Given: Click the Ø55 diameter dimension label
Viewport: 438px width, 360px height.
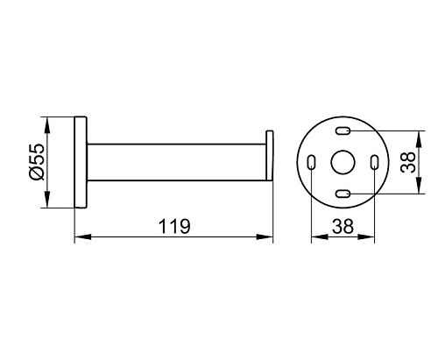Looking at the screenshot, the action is pyautogui.click(x=37, y=162).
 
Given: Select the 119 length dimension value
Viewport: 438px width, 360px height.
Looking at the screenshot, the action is pyautogui.click(x=174, y=226).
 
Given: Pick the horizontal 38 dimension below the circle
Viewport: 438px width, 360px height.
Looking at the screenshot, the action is pyautogui.click(x=343, y=226).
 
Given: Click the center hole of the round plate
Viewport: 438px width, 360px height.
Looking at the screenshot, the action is pyautogui.click(x=343, y=162).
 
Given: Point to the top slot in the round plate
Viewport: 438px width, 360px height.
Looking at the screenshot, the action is pyautogui.click(x=343, y=131).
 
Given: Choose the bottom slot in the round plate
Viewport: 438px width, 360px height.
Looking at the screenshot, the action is pyautogui.click(x=343, y=194).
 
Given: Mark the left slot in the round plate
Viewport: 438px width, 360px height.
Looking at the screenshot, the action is pyautogui.click(x=311, y=162).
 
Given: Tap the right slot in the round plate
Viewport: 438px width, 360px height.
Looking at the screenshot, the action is pyautogui.click(x=374, y=162).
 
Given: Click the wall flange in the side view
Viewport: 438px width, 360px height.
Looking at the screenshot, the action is pyautogui.click(x=81, y=162).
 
